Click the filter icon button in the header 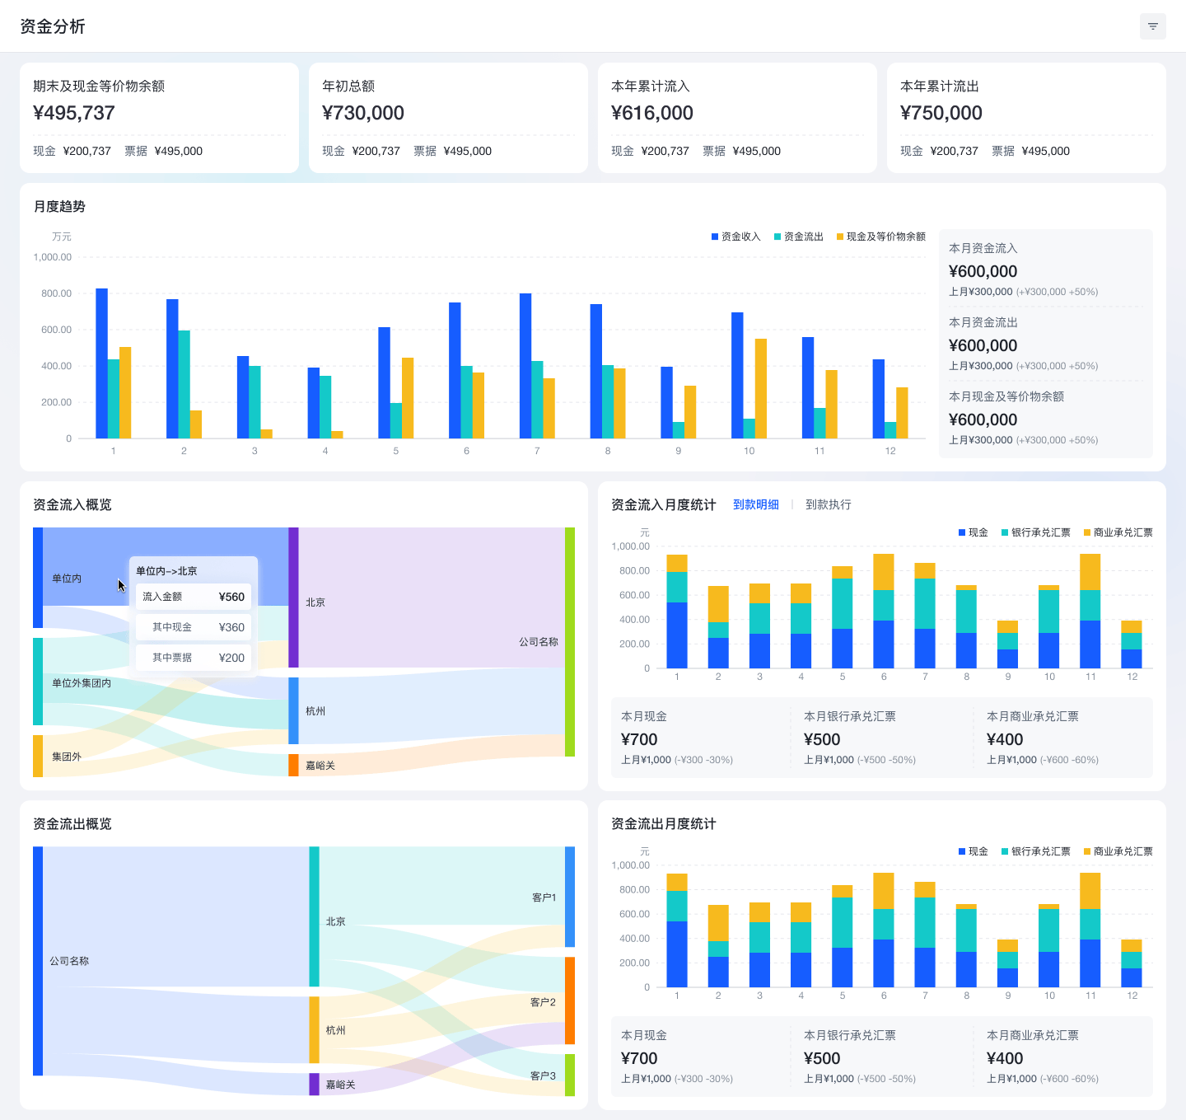coord(1152,26)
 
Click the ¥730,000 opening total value coord(362,113)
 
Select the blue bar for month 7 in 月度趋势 coord(525,366)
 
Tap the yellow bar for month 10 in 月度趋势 coord(760,388)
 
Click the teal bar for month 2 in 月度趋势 coord(184,384)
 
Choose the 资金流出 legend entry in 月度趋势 coord(798,237)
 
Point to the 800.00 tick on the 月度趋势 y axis coord(56,293)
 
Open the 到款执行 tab coord(828,504)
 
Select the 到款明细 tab coord(755,504)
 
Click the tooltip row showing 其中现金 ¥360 coord(193,627)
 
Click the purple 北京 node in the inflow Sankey coord(293,597)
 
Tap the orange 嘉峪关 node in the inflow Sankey coord(293,765)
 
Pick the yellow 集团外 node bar coord(38,756)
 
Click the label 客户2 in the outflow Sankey coord(542,1001)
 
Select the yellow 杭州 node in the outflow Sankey coord(314,1029)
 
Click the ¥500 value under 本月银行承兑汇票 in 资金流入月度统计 coord(821,739)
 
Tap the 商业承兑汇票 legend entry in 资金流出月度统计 coord(1118,851)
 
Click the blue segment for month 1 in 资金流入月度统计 coord(676,635)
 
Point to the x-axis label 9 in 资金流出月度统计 coord(1007,996)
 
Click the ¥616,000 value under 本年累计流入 coord(651,113)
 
